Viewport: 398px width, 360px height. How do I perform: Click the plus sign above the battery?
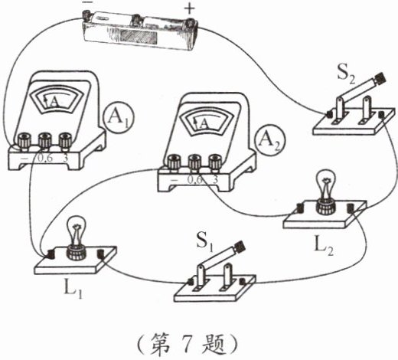190,9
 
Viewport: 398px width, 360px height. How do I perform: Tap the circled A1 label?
119,117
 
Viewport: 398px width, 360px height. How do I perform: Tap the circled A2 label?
271,140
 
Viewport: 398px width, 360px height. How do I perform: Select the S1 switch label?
204,242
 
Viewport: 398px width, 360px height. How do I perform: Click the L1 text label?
73,290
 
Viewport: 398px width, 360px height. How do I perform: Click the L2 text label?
324,247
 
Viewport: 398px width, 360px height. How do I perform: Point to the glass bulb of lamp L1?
76,231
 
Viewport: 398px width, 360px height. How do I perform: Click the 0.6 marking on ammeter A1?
45,159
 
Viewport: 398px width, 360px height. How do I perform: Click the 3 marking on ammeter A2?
216,180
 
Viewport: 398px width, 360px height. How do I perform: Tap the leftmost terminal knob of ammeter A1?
24,139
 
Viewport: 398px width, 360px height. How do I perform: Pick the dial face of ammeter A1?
57,100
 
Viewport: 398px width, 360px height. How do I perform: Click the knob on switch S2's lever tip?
379,79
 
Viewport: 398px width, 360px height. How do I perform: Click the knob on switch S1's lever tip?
239,247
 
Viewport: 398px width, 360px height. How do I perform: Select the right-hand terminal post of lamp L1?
100,254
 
